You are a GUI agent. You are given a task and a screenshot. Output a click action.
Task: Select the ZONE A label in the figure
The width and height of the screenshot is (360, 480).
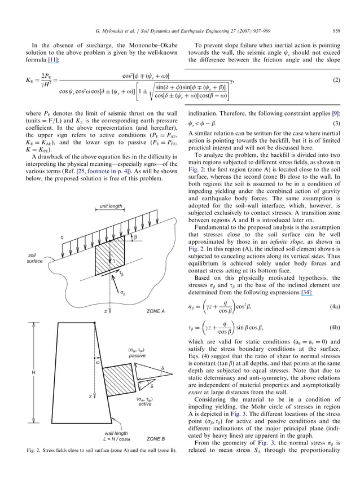[155, 311]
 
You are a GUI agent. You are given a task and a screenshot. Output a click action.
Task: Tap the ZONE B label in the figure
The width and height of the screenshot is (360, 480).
[155, 438]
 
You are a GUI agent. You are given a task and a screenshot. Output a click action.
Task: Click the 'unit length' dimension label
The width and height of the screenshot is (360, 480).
[111, 207]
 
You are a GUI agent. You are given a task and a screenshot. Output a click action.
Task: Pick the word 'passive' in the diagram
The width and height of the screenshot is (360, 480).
[137, 356]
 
